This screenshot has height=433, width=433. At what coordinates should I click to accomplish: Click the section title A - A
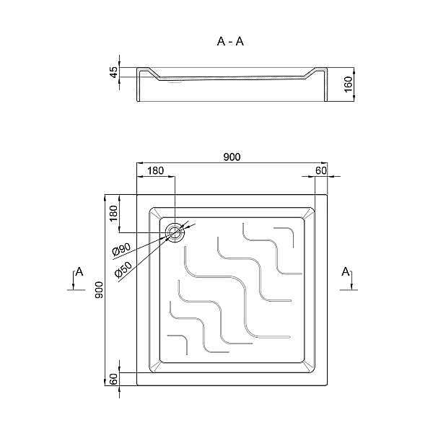coord(230,41)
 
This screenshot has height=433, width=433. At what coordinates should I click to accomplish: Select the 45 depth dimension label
coord(114,72)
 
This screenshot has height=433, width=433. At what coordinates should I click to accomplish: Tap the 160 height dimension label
coord(349,84)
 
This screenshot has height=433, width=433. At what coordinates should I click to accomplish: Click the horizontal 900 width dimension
coord(232,157)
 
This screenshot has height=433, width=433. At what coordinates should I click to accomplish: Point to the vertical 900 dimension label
coord(99,290)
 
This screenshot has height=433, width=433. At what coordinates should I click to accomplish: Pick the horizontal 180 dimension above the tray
coord(155,170)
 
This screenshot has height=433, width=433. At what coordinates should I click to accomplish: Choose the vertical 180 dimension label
coord(113,214)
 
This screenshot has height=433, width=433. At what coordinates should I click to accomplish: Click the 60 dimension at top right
coord(321,170)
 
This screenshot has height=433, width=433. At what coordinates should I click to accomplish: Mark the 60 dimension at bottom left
coord(113,379)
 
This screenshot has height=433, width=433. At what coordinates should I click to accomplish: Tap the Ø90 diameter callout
coord(121,250)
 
